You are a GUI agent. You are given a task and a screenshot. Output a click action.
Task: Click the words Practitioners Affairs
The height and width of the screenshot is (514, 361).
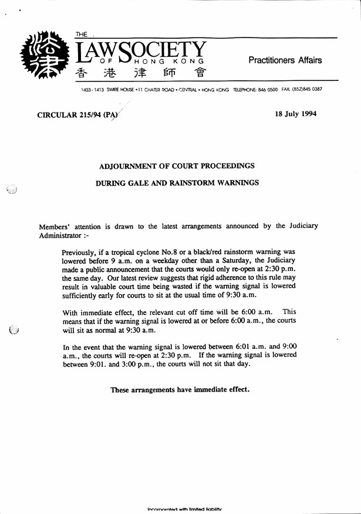tap(285, 60)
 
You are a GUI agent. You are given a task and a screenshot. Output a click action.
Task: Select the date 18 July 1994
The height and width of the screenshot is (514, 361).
tap(295, 114)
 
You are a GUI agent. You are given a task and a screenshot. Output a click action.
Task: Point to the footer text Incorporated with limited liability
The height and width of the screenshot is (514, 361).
tap(184, 509)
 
